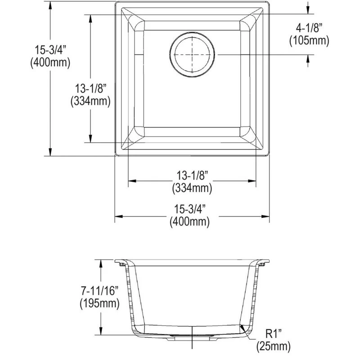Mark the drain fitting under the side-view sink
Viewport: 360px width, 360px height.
[193, 335]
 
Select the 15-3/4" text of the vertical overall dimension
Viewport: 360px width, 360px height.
[50, 50]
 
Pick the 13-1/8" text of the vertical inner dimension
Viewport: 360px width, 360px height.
[90, 89]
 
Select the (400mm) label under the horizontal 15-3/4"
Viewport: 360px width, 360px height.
[192, 221]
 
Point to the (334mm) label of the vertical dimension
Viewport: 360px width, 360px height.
[90, 102]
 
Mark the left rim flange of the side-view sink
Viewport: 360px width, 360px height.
[121, 262]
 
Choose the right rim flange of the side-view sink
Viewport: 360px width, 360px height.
[264, 262]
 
